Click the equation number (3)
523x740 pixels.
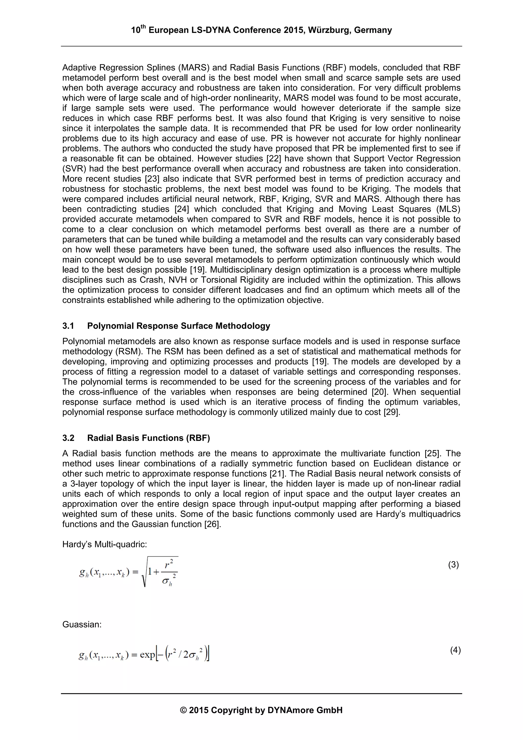click(453, 565)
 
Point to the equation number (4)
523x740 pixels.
click(455, 650)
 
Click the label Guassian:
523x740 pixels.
click(82, 625)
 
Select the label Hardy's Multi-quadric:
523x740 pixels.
click(104, 544)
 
